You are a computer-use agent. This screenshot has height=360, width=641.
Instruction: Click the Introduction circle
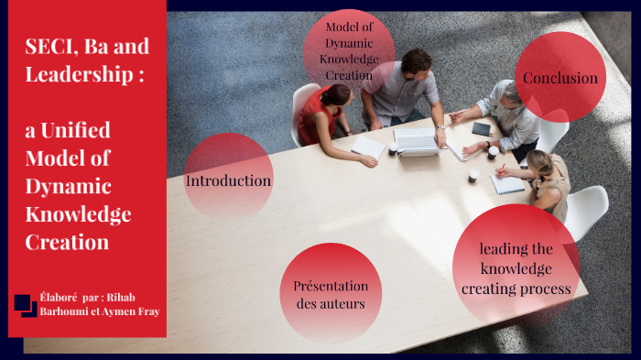pos(229,180)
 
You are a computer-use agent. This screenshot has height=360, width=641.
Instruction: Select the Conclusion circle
pos(560,78)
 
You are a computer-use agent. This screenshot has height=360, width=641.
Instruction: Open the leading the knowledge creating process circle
pos(516,268)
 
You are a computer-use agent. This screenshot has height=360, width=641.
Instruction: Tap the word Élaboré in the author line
pos(58,297)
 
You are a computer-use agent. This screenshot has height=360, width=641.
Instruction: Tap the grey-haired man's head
pos(505,91)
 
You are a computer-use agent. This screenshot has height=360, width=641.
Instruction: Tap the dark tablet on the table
pos(482,128)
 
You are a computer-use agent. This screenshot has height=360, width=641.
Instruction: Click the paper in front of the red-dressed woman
pos(368,147)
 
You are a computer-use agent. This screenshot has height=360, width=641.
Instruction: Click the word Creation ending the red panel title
pos(66,242)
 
